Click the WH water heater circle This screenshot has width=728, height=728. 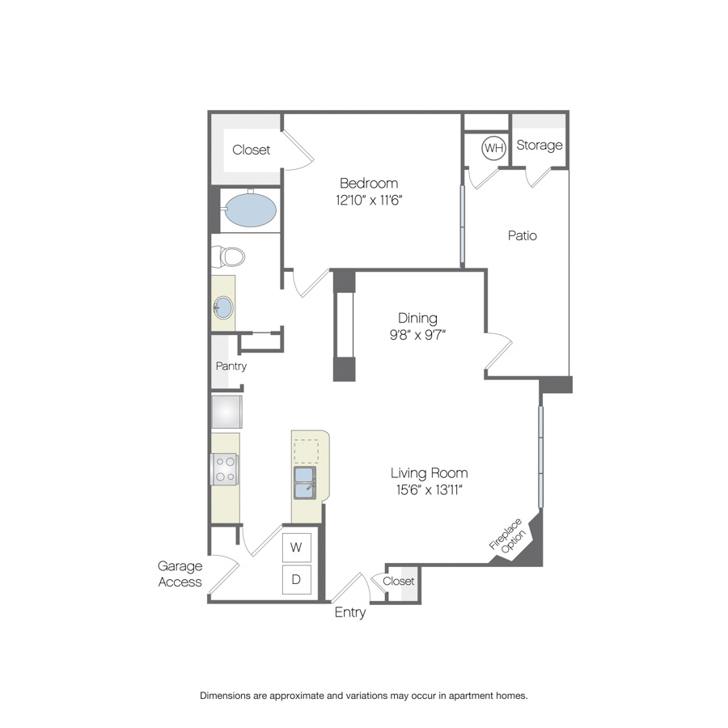click(x=493, y=148)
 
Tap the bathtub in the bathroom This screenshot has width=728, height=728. click(x=250, y=210)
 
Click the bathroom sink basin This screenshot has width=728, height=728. click(x=223, y=307)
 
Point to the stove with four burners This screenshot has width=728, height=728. click(x=225, y=469)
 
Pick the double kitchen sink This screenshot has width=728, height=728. click(x=305, y=482)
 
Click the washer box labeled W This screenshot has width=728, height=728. click(x=296, y=548)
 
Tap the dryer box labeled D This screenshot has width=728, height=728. click(x=296, y=579)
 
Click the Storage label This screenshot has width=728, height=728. click(x=540, y=146)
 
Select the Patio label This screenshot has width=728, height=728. click(x=523, y=235)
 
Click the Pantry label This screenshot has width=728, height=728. click(x=231, y=366)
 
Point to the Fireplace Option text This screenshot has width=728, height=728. click(x=508, y=537)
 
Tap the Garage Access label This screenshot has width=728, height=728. click(x=180, y=574)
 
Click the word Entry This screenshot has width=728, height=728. click(x=350, y=612)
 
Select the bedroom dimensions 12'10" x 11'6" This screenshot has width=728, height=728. click(x=369, y=200)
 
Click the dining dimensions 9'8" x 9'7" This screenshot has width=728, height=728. click(x=417, y=335)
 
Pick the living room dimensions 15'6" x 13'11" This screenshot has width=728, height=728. click(x=429, y=490)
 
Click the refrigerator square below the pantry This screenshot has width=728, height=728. click(x=226, y=412)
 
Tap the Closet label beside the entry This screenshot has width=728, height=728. click(x=398, y=581)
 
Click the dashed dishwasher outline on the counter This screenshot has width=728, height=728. click(x=307, y=451)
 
